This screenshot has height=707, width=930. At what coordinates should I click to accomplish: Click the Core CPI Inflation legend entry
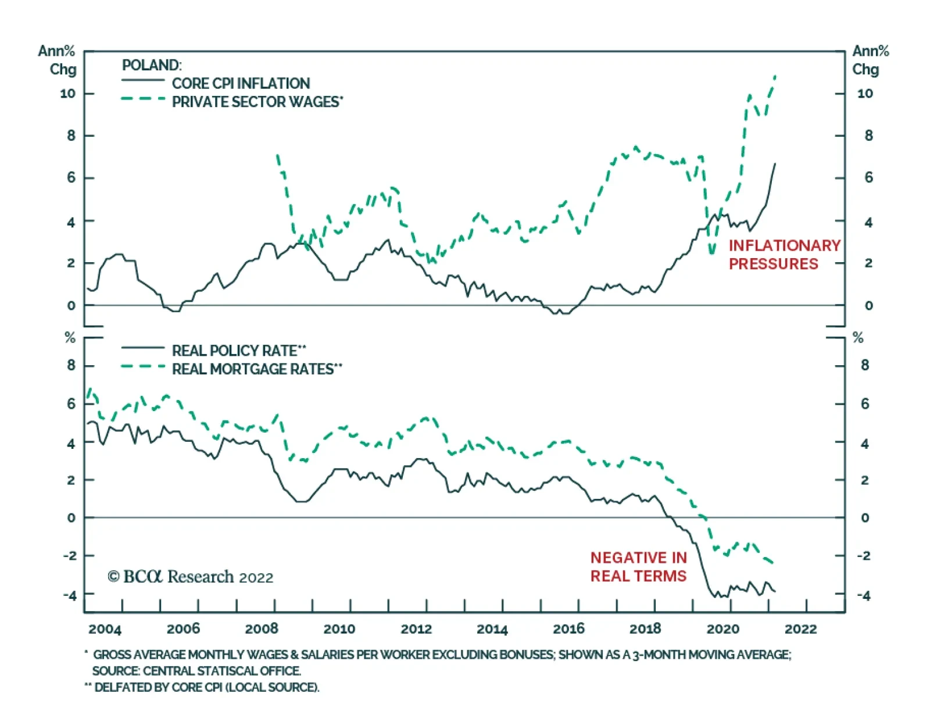[x=241, y=83]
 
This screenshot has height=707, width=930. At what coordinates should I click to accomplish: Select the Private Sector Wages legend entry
[x=257, y=102]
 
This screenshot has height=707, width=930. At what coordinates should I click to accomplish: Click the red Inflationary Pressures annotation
[x=784, y=255]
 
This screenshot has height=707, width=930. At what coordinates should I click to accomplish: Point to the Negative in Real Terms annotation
[x=638, y=567]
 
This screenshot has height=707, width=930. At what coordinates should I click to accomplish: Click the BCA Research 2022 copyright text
[x=191, y=577]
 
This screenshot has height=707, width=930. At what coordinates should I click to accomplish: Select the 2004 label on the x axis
[x=105, y=629]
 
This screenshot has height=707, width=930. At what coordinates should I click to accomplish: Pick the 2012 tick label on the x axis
[x=416, y=629]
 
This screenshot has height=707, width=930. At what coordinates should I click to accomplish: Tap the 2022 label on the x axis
[x=800, y=629]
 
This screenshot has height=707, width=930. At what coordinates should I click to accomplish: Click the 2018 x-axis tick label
[x=645, y=629]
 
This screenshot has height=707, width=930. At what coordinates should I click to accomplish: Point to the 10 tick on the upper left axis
[x=68, y=94]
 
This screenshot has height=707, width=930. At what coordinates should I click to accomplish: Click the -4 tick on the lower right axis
[x=864, y=595]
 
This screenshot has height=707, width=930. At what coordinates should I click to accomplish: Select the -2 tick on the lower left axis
[x=69, y=556]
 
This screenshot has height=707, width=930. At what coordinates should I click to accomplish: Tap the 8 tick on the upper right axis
[x=868, y=136]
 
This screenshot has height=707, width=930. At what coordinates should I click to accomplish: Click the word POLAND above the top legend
[x=151, y=65]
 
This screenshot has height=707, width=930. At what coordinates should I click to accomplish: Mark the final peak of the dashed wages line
[x=775, y=76]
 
